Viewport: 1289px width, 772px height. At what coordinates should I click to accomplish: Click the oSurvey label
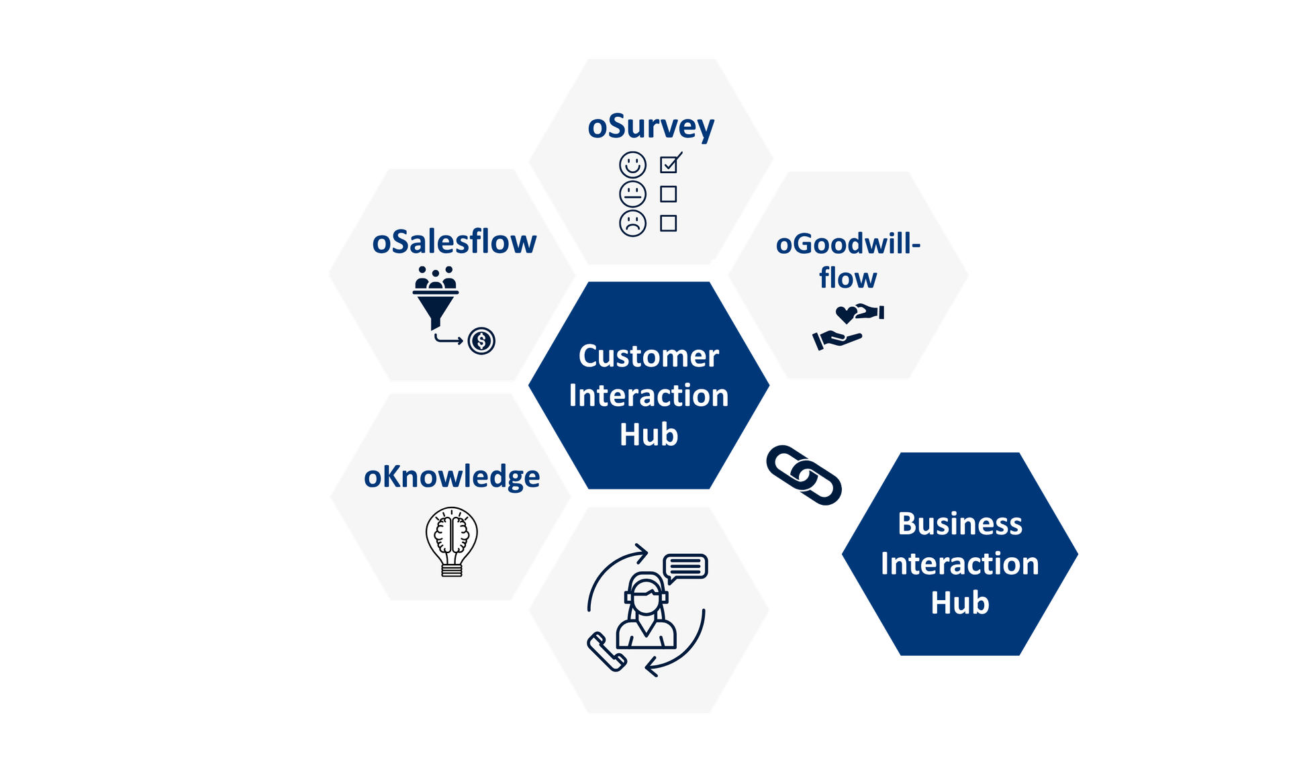651,128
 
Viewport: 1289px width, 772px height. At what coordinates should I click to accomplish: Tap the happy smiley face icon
632,164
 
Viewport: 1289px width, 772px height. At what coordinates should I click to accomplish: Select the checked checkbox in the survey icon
669,164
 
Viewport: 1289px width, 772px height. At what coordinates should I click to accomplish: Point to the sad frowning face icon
632,223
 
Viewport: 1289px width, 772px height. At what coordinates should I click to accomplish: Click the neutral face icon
632,194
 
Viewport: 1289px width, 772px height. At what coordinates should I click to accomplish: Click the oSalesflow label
455,242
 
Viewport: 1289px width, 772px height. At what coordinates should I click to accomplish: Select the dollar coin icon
481,341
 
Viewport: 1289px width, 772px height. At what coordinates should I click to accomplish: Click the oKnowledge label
452,477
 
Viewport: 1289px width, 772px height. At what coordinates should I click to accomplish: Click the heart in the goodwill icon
846,313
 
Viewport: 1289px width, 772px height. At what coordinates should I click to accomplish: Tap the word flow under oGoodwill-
848,278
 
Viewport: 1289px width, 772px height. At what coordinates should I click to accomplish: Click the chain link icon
804,475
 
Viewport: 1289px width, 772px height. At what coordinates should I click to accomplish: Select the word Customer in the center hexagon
649,356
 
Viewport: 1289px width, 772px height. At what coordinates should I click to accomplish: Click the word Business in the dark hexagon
960,524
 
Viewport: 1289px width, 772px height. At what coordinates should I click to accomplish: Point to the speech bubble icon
685,567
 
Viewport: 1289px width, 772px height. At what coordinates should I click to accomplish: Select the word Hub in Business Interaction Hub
960,603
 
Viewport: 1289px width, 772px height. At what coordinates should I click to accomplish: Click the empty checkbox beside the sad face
668,223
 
